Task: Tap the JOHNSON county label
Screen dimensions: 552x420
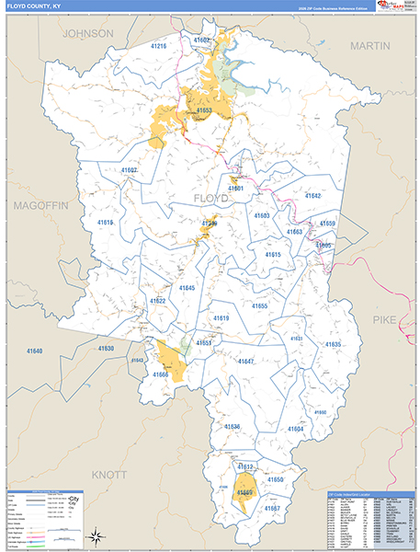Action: click(x=87, y=33)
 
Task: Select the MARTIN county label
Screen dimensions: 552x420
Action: click(x=369, y=45)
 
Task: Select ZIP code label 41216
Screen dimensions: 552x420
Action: click(x=157, y=46)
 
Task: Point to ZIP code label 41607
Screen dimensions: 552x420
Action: click(x=129, y=170)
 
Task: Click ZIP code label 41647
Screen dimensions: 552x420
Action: click(x=245, y=362)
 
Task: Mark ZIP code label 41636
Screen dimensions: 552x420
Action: click(x=232, y=427)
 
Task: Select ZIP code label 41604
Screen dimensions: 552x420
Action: click(x=295, y=429)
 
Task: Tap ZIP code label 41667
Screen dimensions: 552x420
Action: click(x=271, y=509)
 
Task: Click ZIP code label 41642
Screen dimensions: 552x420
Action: click(x=312, y=196)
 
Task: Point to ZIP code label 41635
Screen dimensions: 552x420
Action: click(x=332, y=344)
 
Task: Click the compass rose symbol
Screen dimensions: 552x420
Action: click(x=96, y=535)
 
